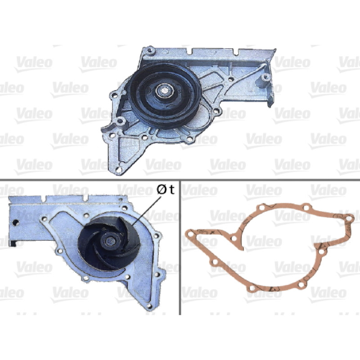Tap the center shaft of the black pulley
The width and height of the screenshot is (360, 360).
tap(163, 90)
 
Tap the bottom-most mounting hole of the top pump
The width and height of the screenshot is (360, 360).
tap(118, 170)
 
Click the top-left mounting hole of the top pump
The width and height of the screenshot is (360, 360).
tap(150, 49)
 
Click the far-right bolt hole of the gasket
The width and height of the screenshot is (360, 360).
tap(348, 218)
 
